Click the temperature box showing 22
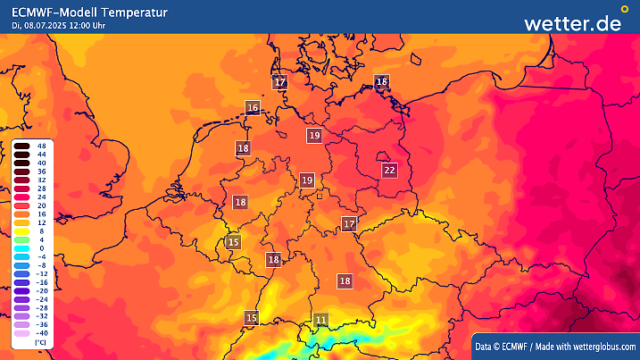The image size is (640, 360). [x=388, y=170]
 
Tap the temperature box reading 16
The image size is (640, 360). [x=253, y=108]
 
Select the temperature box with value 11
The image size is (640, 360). [x=321, y=319]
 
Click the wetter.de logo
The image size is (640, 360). [x=572, y=23]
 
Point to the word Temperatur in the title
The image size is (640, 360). [x=133, y=11]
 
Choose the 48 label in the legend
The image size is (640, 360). [x=41, y=145]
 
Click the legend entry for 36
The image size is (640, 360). [x=41, y=171]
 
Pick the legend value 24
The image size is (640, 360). [x=41, y=197]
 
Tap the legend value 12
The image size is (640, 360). [x=41, y=222]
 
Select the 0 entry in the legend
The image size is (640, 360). [x=41, y=248]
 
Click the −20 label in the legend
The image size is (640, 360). [x=41, y=291]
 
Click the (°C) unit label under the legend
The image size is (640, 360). [x=40, y=343]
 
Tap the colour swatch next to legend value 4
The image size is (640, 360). [x=21, y=239]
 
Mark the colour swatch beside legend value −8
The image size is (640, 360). [x=21, y=265]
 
